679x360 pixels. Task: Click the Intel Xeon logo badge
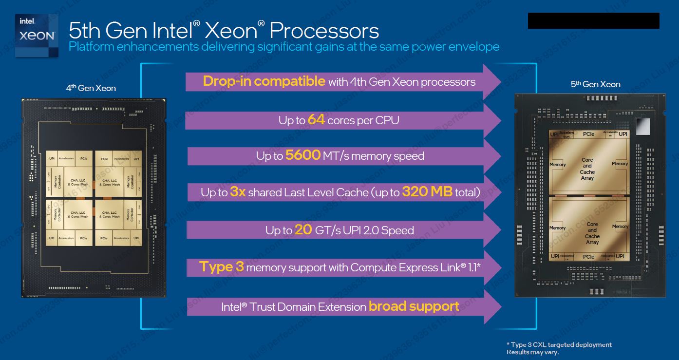[x=37, y=35]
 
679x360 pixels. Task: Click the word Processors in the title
[x=324, y=30]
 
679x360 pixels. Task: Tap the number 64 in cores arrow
[x=316, y=119]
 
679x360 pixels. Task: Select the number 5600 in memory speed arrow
[x=302, y=155]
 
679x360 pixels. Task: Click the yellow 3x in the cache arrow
[x=237, y=192]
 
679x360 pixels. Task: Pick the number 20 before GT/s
[x=303, y=229]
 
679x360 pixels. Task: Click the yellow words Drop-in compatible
[x=264, y=81]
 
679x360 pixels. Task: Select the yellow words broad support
[x=414, y=306]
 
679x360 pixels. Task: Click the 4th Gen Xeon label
[x=91, y=88]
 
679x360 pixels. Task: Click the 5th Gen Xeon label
[x=595, y=84]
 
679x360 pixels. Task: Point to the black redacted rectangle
[x=593, y=21]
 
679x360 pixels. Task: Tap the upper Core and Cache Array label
[x=587, y=169]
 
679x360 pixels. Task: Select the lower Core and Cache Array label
[x=592, y=233]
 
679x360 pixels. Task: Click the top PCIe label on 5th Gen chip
[x=588, y=134]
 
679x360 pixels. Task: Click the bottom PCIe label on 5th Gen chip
[x=588, y=257]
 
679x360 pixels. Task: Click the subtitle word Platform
[x=92, y=47]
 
